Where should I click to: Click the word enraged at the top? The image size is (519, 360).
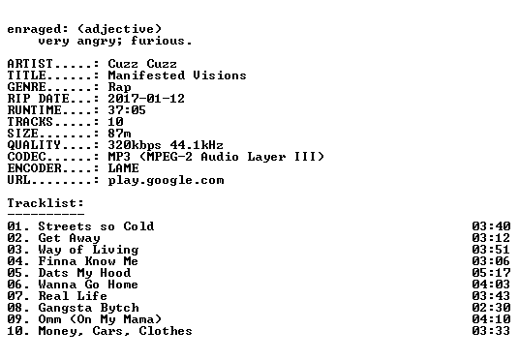click(34, 30)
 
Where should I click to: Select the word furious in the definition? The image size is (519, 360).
click(158, 41)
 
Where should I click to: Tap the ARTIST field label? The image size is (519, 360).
click(30, 64)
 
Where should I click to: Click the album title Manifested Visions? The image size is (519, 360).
click(177, 75)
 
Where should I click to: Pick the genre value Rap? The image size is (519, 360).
click(119, 88)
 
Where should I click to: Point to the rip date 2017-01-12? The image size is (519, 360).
click(146, 99)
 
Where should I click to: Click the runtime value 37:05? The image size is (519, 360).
click(127, 110)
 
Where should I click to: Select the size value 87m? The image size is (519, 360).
click(119, 134)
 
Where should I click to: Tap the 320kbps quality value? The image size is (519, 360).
click(135, 145)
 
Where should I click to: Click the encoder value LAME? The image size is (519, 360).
click(124, 168)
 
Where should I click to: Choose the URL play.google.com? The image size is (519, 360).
click(166, 181)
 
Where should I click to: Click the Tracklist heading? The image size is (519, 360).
click(46, 203)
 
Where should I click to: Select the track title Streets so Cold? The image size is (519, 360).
click(96, 226)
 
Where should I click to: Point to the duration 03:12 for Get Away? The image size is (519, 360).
click(491, 238)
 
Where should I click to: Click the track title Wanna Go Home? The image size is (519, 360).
click(88, 285)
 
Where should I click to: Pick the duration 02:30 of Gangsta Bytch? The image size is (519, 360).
click(491, 308)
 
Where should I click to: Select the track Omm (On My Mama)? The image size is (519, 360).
click(100, 319)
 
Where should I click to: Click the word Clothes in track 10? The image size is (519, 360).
click(166, 331)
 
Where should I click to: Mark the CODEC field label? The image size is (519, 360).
click(26, 157)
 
